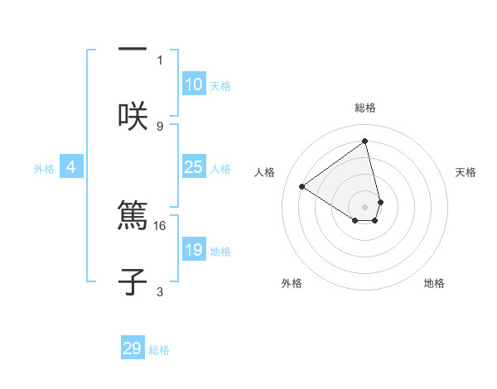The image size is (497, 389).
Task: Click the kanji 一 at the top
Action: [x=133, y=50]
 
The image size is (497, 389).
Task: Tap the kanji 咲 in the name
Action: [x=133, y=115]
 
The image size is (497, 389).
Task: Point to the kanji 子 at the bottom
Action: [x=133, y=281]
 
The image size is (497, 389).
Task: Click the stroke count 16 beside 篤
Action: [x=160, y=225]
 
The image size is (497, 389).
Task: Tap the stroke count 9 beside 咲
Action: [x=160, y=126]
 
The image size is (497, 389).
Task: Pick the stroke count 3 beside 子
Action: [x=160, y=291]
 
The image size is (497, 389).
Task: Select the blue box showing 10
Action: [x=194, y=84]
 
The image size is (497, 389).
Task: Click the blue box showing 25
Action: [x=194, y=167]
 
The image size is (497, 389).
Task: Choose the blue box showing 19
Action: [x=194, y=250]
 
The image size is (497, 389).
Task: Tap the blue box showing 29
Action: [x=133, y=348]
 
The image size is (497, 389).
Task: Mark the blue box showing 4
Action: [x=71, y=167]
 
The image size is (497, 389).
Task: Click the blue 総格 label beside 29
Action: [x=159, y=350]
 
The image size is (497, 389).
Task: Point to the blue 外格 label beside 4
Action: [x=44, y=169]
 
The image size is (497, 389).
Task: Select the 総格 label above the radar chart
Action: [x=365, y=108]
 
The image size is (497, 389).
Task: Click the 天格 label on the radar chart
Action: [x=466, y=172]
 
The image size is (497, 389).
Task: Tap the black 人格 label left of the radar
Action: [x=265, y=172]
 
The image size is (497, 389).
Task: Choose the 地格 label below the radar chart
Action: [x=434, y=283]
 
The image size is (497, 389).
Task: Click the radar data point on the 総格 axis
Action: [x=365, y=142]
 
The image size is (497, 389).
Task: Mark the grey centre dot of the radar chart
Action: [x=365, y=207]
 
